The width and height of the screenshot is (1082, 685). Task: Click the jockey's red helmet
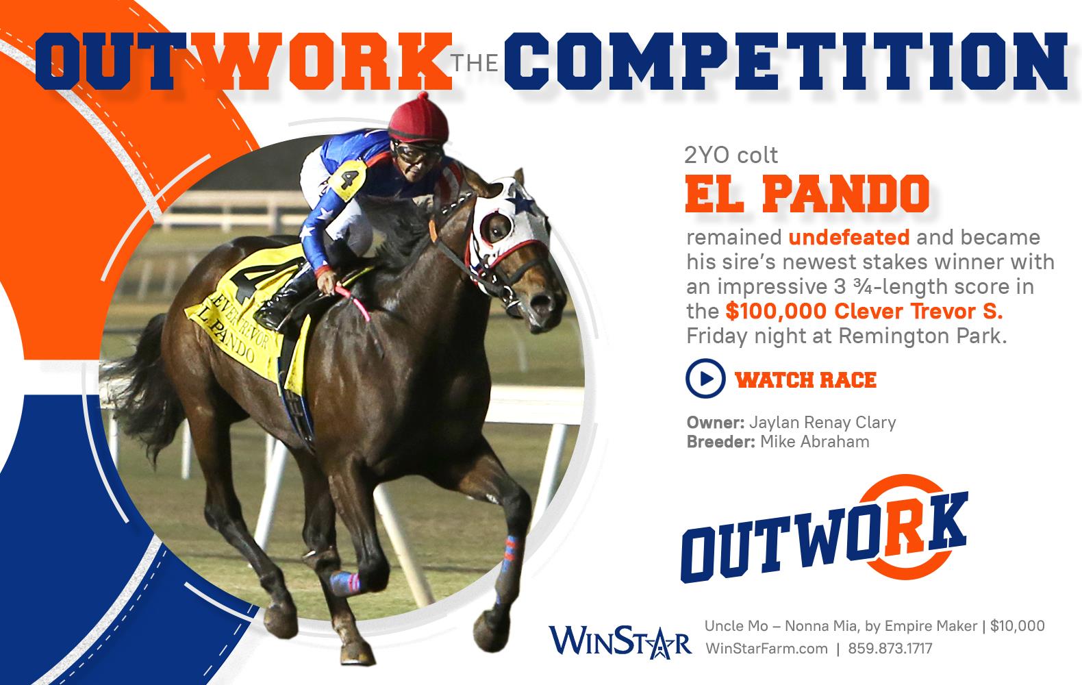coord(418,119)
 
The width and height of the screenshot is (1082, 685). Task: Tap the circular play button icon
coord(705,378)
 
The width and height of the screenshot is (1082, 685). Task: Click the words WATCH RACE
coord(805,379)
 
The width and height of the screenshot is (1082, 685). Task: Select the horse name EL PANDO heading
coord(807,194)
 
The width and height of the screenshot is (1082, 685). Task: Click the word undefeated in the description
coord(848,237)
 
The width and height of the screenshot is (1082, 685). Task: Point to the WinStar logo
coord(620,642)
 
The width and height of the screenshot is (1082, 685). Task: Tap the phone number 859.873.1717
coord(890,648)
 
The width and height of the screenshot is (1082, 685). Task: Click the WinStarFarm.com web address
coord(766,648)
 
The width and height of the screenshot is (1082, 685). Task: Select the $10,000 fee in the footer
coord(1017,626)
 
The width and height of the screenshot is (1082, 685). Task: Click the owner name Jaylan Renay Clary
coord(822,423)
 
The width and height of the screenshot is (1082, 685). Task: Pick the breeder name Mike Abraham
coord(814,442)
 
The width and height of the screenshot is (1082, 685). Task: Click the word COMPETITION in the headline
coord(785,62)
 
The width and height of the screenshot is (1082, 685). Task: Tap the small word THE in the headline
coord(475,63)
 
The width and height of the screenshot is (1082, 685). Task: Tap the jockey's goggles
coord(416,152)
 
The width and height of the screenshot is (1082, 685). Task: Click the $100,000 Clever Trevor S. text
coord(864,311)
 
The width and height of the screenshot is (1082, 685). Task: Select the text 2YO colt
coord(731,155)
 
